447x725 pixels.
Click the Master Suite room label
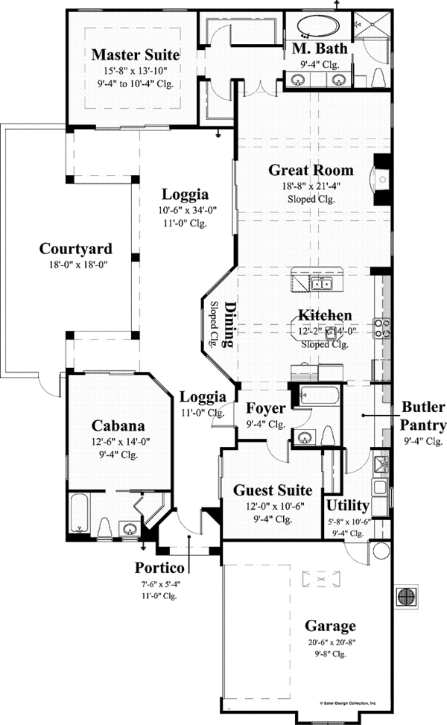click(x=136, y=54)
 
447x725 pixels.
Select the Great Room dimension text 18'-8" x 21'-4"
click(x=311, y=187)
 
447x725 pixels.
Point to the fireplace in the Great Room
click(x=382, y=180)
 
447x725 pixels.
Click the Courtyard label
click(x=76, y=249)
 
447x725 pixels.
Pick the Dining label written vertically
click(x=229, y=325)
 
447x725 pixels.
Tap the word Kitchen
click(x=325, y=315)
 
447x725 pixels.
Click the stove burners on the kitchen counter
click(x=382, y=327)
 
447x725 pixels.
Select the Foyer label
click(x=265, y=409)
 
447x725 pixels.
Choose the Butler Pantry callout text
click(x=423, y=416)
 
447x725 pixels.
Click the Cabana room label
click(x=118, y=425)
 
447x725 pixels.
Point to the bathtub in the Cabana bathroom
click(x=80, y=513)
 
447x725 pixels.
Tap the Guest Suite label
click(x=273, y=490)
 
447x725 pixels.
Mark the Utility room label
click(x=348, y=506)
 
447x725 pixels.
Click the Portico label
click(x=159, y=567)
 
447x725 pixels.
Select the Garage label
click(x=330, y=626)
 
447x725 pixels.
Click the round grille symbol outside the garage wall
click(x=405, y=596)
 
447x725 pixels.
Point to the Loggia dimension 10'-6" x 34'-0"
click(x=188, y=210)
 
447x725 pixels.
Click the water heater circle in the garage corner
click(x=381, y=551)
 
